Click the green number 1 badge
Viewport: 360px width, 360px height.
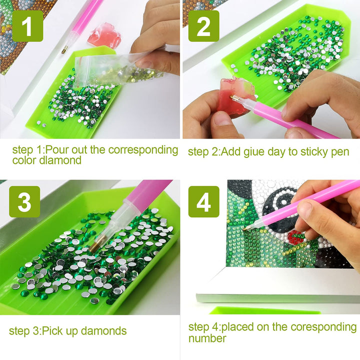point(27,26)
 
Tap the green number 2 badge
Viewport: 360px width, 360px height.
point(204,26)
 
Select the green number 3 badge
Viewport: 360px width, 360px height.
point(24,201)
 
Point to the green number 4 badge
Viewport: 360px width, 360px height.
point(204,201)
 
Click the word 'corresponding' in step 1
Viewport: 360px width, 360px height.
point(143,150)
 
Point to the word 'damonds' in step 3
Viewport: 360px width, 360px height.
point(104,331)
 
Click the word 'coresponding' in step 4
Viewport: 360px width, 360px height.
point(323,327)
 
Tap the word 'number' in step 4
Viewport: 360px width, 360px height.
point(207,338)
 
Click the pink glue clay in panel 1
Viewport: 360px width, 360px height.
point(104,35)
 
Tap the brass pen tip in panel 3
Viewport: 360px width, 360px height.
point(96,244)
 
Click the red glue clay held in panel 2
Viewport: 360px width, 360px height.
point(234,96)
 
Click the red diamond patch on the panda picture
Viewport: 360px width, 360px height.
point(296,237)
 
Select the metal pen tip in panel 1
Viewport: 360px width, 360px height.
point(64,49)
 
